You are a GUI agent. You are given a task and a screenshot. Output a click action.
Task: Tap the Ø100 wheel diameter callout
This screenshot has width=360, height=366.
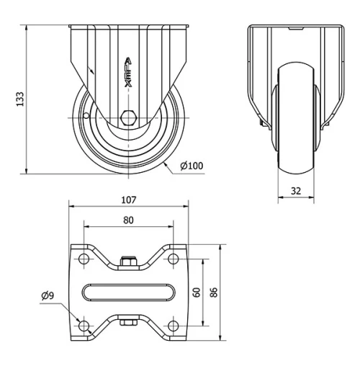(x=192, y=166)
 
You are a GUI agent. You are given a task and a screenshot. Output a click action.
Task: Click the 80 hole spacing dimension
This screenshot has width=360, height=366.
(x=129, y=221)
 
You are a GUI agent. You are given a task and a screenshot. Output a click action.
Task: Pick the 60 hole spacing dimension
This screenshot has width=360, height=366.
(x=196, y=293)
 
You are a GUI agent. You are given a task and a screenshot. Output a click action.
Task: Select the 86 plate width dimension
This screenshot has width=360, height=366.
(x=214, y=293)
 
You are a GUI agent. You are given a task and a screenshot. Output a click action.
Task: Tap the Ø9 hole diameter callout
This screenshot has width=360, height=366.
(x=48, y=295)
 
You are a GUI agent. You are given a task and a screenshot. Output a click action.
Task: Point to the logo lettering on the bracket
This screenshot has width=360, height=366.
(x=128, y=73)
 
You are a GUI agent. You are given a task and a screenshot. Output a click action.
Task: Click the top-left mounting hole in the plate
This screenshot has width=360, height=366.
(x=84, y=259)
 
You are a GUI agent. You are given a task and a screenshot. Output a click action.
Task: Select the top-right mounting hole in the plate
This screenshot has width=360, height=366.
(x=174, y=259)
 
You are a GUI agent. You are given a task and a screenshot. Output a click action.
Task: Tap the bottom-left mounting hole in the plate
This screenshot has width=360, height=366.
(x=84, y=326)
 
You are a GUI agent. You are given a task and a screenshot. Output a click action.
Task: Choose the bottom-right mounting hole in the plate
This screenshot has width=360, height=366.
(x=174, y=326)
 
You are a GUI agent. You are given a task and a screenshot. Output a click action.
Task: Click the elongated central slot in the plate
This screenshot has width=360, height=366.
(x=129, y=293)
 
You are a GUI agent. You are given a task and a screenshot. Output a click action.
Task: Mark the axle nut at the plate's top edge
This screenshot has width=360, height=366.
(x=129, y=262)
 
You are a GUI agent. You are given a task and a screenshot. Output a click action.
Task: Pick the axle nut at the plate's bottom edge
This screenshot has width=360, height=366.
(x=129, y=323)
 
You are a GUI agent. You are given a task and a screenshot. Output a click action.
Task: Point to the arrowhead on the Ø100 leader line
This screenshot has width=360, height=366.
(x=167, y=164)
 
